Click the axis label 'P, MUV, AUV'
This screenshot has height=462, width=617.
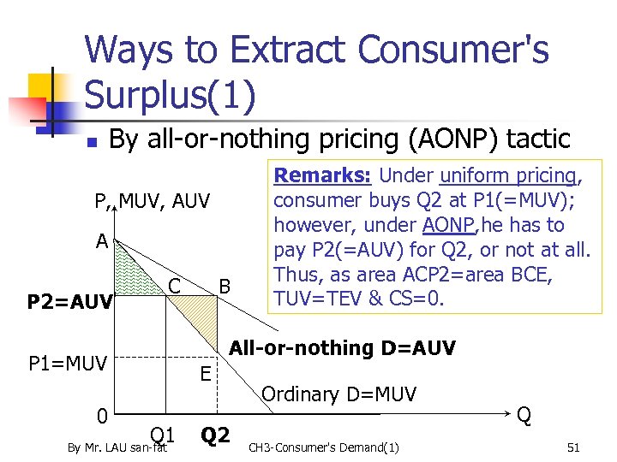153,202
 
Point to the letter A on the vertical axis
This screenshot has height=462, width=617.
102,241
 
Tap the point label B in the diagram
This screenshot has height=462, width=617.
225,283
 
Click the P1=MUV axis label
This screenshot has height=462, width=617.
68,365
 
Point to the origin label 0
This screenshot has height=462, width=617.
101,417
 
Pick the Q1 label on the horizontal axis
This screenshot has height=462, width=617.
163,434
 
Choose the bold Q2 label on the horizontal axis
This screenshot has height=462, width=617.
215,435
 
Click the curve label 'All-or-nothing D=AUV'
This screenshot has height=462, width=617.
343,348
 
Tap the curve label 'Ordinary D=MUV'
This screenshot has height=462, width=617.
338,394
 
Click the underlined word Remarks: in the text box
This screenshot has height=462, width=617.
321,175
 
